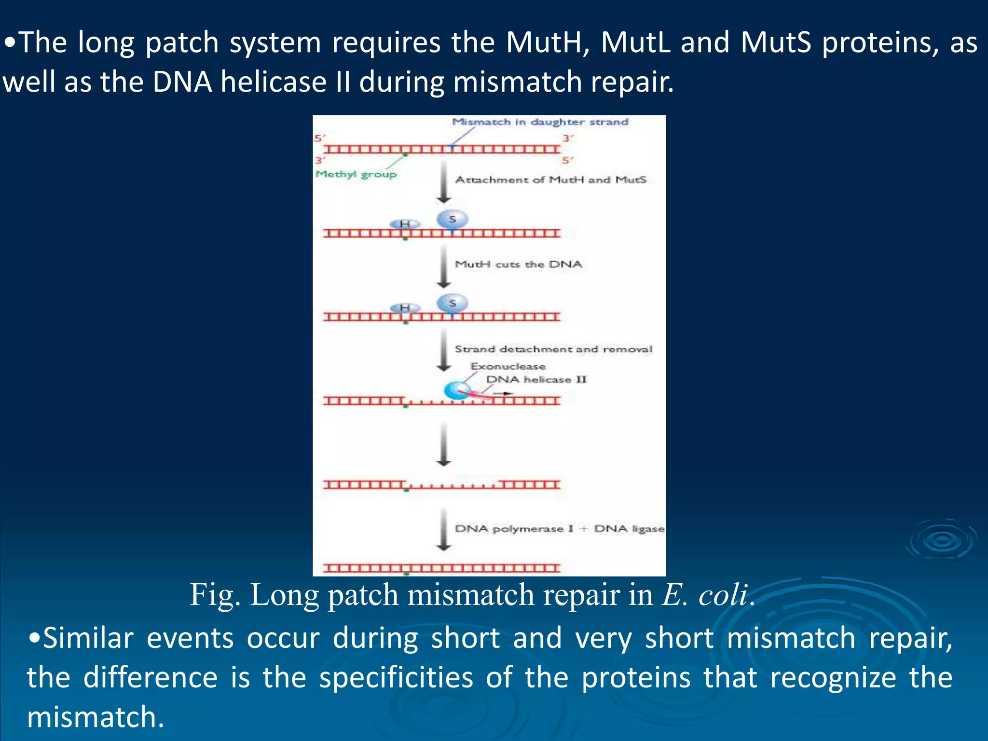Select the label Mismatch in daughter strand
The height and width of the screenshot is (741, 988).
click(x=540, y=122)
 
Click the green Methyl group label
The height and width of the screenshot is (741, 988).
click(x=356, y=174)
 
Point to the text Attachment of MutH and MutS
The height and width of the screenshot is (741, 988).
click(x=550, y=180)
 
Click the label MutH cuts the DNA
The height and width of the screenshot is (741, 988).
click(x=518, y=264)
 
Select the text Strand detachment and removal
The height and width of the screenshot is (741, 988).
click(x=553, y=349)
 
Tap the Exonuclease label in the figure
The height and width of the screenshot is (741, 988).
click(x=508, y=367)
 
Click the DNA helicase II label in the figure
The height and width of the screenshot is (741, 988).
click(x=536, y=380)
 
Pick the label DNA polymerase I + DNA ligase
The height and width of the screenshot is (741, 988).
click(x=560, y=529)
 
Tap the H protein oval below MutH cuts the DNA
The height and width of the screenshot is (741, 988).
click(x=405, y=308)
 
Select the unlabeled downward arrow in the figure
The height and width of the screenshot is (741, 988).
click(x=444, y=444)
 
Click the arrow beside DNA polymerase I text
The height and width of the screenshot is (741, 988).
click(x=444, y=529)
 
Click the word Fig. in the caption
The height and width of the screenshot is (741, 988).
click(x=215, y=594)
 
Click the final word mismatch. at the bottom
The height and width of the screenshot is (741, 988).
click(x=96, y=717)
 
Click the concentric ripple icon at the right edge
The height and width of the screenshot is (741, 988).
click(x=942, y=540)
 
